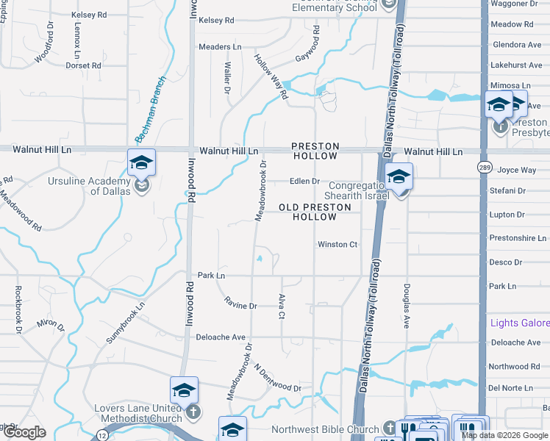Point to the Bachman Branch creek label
(x=146, y=120)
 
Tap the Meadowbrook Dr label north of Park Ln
(x=259, y=190)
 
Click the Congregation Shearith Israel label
(x=356, y=191)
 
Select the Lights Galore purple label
(x=520, y=323)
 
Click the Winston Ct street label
(x=337, y=245)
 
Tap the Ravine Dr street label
(x=240, y=301)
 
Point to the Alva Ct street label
(x=281, y=306)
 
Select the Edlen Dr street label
(x=304, y=182)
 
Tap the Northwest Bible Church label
(x=324, y=429)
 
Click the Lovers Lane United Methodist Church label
(x=137, y=413)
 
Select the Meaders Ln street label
(x=220, y=47)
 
